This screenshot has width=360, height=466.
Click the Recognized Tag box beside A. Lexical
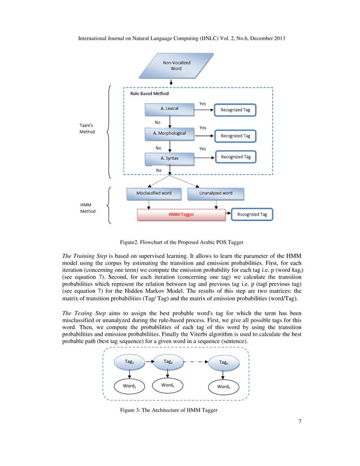235,111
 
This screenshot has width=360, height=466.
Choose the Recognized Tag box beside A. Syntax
235,156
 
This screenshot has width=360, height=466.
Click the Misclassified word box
154,194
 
